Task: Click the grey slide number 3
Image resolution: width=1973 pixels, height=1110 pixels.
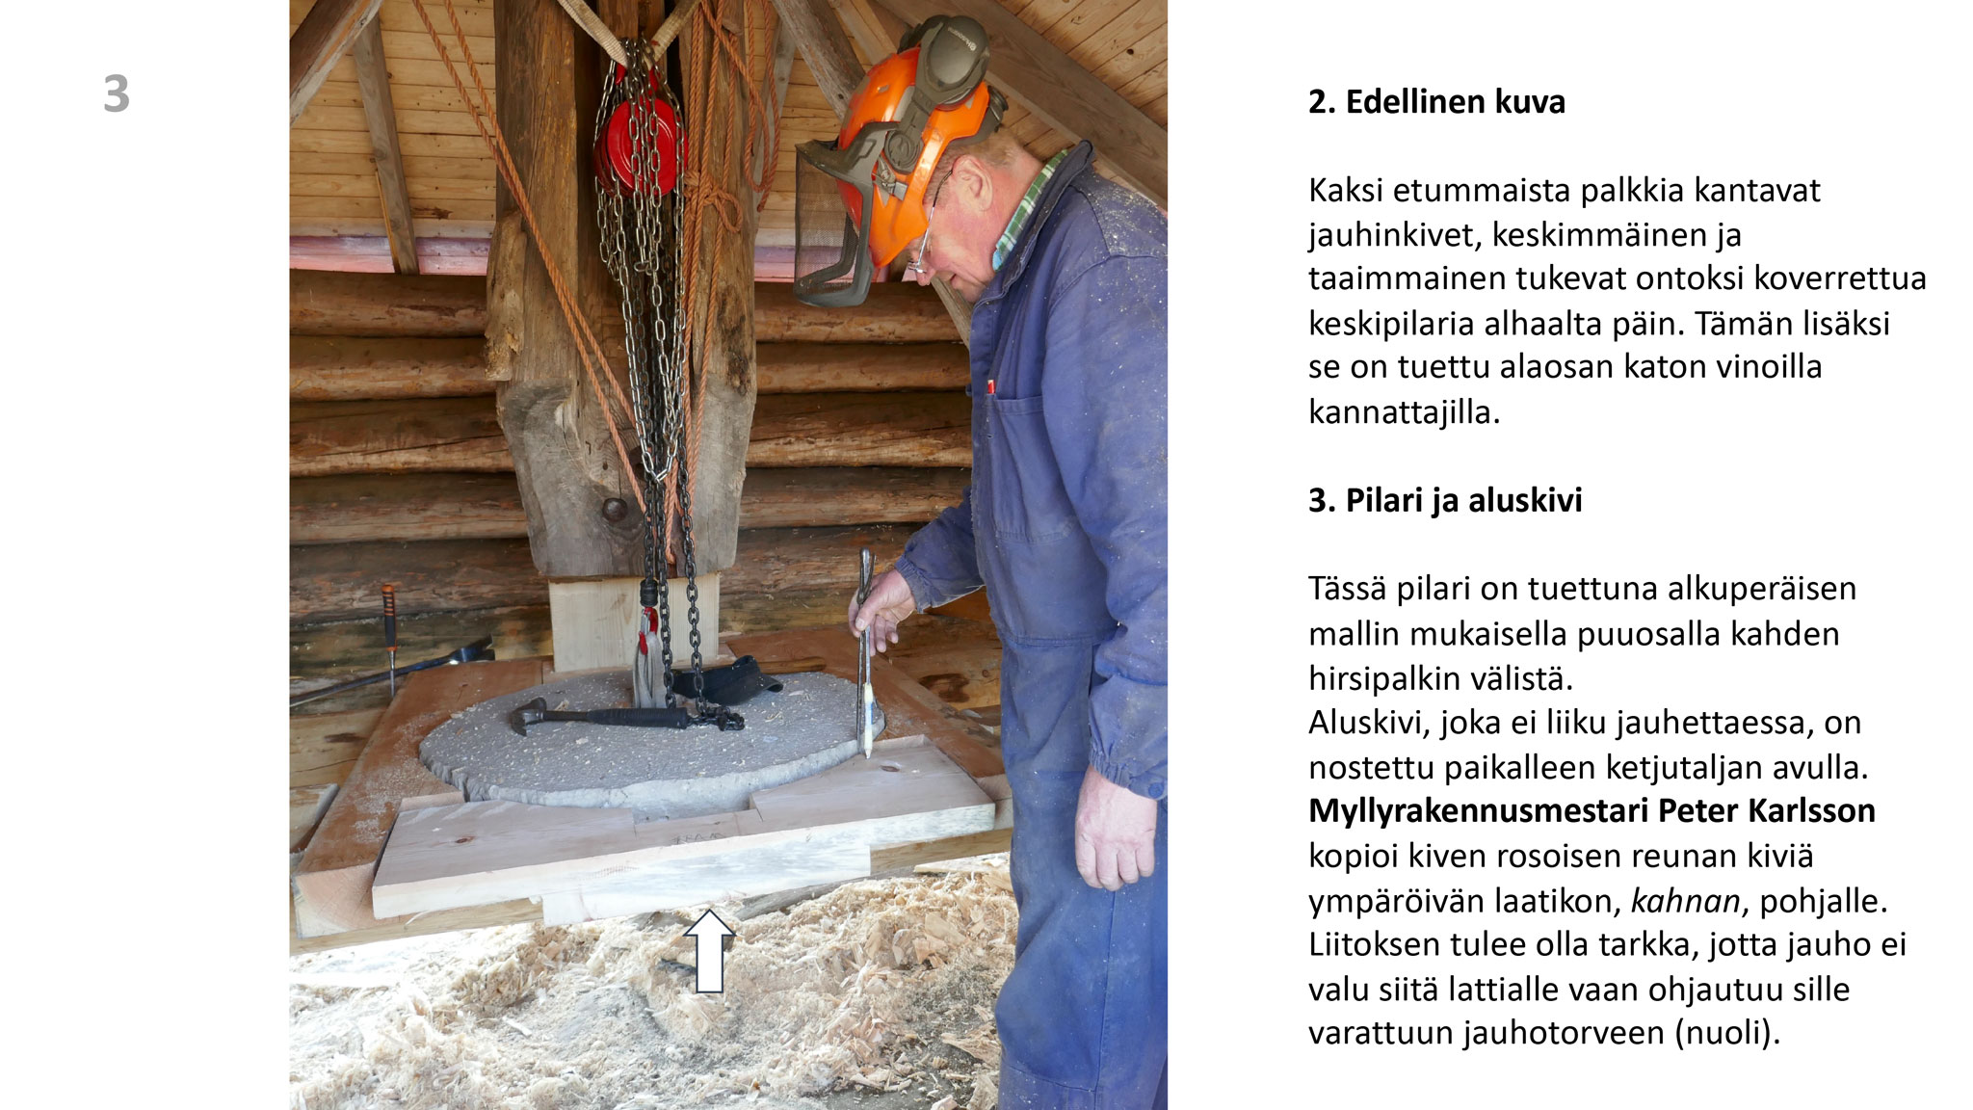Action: [x=116, y=94]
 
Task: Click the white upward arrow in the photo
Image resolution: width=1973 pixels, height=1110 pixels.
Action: [x=709, y=951]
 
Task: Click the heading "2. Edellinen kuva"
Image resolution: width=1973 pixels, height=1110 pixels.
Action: [x=1436, y=101]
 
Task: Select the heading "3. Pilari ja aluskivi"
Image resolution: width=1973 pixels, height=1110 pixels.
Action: [x=1445, y=500]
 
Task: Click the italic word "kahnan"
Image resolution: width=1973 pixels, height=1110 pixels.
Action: [x=1685, y=901]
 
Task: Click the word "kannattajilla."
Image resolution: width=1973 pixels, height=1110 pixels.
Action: [x=1405, y=411]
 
